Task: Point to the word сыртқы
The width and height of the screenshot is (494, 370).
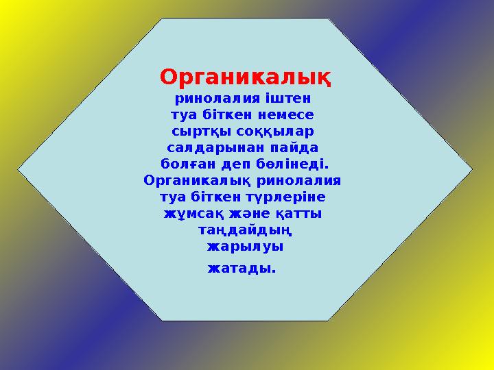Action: point(200,132)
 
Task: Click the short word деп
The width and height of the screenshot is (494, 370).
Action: point(239,164)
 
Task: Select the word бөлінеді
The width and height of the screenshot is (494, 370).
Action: point(296,164)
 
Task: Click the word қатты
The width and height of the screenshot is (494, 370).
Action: point(302,214)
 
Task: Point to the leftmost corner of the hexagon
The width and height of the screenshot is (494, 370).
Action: point(19,168)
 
